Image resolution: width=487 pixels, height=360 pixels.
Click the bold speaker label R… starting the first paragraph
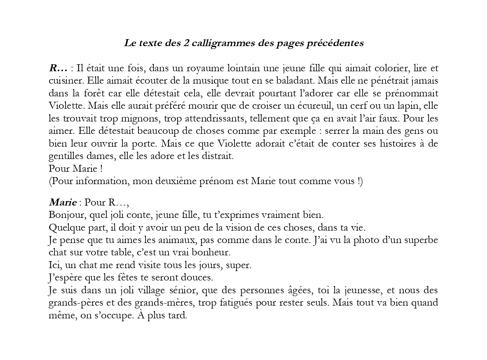pyautogui.click(x=58, y=68)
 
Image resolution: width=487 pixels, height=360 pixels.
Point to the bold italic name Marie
pyautogui.click(x=62, y=203)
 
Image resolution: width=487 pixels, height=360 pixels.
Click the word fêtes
pyautogui.click(x=119, y=278)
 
